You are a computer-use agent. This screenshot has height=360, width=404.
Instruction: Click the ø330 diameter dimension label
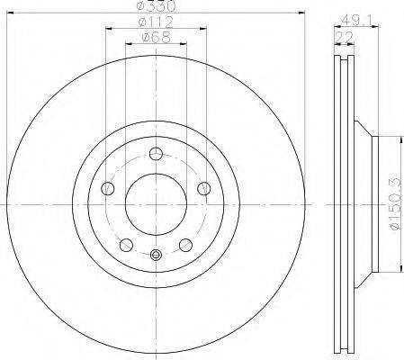[156, 5]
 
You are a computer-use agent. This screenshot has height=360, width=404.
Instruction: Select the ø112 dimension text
[156, 22]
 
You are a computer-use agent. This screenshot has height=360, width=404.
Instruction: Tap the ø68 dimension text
[157, 37]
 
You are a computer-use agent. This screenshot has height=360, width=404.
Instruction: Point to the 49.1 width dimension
[356, 21]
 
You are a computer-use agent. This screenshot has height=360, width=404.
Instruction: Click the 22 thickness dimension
[344, 38]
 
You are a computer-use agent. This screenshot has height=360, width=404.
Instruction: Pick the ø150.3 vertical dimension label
[396, 204]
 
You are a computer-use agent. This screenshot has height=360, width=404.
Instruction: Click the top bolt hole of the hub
[156, 154]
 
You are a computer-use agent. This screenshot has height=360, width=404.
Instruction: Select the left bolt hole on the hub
[108, 188]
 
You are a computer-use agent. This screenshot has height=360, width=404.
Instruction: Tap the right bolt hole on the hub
[204, 188]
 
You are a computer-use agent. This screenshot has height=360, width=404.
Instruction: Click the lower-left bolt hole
[126, 245]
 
